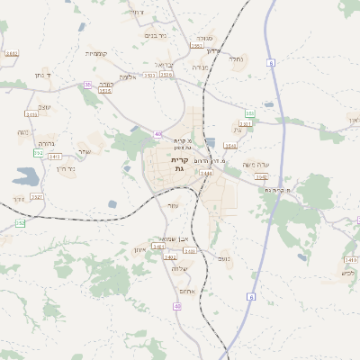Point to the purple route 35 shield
[87, 85]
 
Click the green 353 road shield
[249, 113]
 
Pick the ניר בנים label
[156, 35]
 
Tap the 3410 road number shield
[31, 114]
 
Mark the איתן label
[139, 249]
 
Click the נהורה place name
[48, 143]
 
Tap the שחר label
[84, 151]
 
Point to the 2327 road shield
[37, 196]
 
